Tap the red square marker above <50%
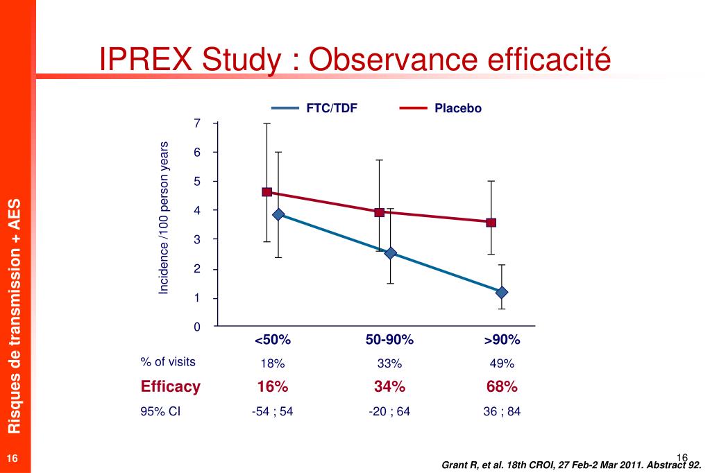point(267,192)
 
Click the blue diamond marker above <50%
point(278,214)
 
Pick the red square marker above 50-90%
point(379,212)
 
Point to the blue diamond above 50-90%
point(390,253)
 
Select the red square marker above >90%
point(491,223)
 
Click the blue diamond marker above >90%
point(501,292)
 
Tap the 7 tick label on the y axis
point(197,123)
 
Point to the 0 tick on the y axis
point(197,327)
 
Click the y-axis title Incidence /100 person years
point(164,218)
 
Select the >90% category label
point(502,340)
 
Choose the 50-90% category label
point(389,340)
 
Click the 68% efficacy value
point(502,386)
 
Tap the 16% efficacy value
point(272,386)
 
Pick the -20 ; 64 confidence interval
point(389,411)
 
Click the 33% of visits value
point(389,363)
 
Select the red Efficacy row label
point(170,386)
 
